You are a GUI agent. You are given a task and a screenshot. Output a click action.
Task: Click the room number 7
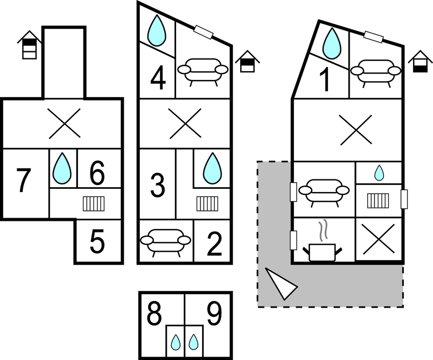click(22, 181)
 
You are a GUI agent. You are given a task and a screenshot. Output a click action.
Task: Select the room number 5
click(97, 243)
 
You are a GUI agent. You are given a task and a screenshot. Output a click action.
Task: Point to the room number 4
click(158, 78)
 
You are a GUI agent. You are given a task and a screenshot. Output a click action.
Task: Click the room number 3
click(157, 186)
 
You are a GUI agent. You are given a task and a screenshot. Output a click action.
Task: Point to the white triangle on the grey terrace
click(280, 283)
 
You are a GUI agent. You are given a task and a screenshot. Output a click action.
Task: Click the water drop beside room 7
click(62, 168)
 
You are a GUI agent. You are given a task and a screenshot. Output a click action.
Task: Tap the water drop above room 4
click(158, 30)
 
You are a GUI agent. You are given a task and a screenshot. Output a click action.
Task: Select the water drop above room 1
click(332, 43)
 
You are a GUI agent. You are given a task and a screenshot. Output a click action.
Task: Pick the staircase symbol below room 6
click(94, 204)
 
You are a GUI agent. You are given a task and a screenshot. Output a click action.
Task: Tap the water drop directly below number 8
click(176, 343)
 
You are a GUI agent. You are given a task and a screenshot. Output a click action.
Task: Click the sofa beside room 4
click(203, 70)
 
